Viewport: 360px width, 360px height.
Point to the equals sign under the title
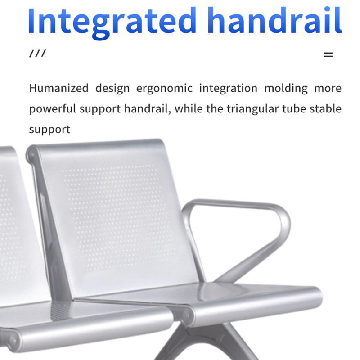coord(328,55)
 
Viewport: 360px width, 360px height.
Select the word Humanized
coord(58,88)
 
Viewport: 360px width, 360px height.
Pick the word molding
coord(285,88)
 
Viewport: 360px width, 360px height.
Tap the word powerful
coord(53,109)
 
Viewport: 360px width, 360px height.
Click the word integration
coord(228,88)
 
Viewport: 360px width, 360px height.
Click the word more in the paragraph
coord(328,88)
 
